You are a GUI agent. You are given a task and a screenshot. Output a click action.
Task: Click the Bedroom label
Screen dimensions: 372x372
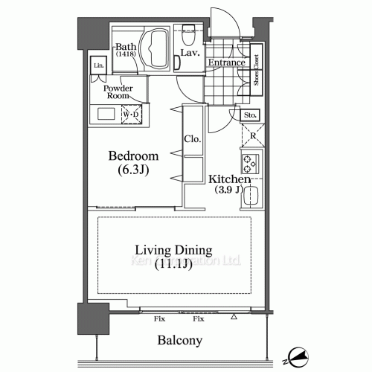click(134, 156)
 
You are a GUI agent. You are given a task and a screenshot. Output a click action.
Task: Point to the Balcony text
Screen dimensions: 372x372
click(179, 341)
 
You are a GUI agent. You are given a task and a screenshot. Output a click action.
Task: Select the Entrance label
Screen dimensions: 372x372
click(226, 63)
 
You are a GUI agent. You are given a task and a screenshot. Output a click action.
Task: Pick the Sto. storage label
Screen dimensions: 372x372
click(250, 115)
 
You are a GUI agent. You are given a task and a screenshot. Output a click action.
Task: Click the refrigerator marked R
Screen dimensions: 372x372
click(251, 135)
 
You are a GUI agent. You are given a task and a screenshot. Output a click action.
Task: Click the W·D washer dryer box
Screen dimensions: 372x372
click(131, 115)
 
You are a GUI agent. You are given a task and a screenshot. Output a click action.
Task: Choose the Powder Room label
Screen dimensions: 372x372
click(119, 92)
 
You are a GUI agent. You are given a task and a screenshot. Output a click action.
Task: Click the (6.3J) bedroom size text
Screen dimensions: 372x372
click(134, 170)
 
